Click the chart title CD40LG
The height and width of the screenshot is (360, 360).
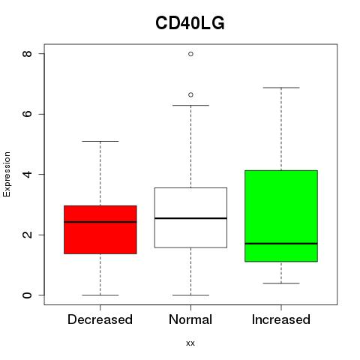190,23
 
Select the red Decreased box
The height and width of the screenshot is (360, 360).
100,229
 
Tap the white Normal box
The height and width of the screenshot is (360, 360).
190,217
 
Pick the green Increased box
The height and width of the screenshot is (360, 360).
281,216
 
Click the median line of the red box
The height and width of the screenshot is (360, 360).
100,222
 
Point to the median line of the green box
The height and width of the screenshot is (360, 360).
281,243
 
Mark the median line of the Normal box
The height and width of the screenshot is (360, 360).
190,218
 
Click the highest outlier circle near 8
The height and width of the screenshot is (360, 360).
190,54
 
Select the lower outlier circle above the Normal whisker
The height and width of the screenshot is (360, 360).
190,94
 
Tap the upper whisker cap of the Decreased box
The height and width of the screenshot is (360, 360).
100,141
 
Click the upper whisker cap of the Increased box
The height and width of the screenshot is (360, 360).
281,88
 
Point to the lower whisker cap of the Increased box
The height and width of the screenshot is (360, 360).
281,283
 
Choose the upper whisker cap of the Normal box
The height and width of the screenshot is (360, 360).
190,105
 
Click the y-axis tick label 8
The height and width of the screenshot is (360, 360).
27,54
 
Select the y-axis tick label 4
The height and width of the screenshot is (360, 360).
27,174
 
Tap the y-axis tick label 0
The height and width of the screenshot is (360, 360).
27,295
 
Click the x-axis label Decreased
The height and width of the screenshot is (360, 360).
100,319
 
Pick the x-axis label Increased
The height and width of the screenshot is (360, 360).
281,319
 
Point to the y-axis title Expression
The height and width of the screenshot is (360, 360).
7,175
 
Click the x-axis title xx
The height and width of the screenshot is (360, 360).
190,343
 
